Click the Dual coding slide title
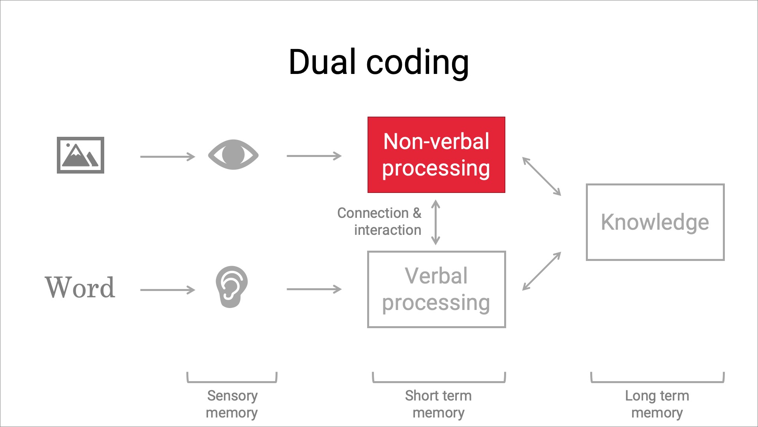(x=379, y=62)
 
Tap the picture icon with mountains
(x=81, y=155)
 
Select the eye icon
(x=233, y=155)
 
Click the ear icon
(x=232, y=287)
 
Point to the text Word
(x=80, y=287)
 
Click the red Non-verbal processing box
(x=436, y=155)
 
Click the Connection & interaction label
(x=379, y=221)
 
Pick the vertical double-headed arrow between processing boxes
(x=436, y=222)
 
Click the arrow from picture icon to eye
(x=168, y=157)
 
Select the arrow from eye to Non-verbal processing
(x=314, y=156)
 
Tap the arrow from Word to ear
(x=168, y=290)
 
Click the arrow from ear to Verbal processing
(x=314, y=289)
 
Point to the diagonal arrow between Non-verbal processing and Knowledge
(x=542, y=176)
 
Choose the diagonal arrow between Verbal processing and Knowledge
(x=542, y=271)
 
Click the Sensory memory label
(x=232, y=404)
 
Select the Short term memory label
(x=438, y=404)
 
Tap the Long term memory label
(x=657, y=404)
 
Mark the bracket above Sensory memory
(x=232, y=382)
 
